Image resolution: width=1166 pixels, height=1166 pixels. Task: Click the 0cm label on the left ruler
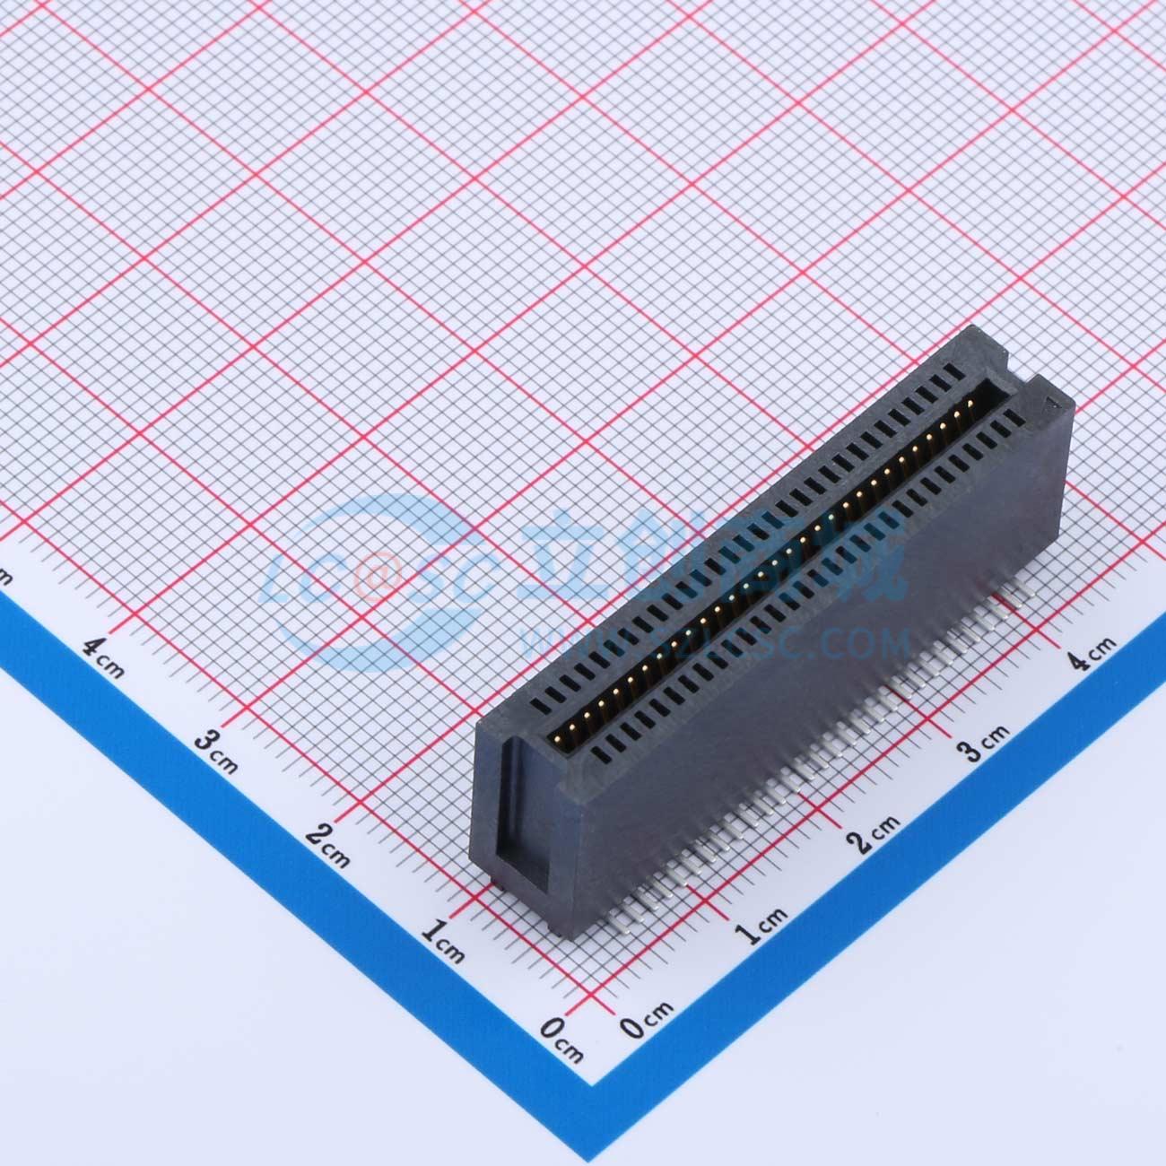click(563, 1037)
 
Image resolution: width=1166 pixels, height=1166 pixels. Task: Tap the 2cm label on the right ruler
click(874, 831)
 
